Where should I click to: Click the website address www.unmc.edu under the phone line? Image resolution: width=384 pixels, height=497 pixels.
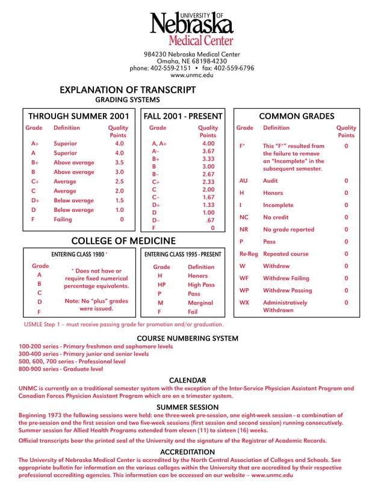point(191,75)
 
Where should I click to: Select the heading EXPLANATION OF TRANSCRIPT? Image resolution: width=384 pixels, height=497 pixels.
point(128,90)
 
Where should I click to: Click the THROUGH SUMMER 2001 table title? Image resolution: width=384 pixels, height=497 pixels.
point(79,116)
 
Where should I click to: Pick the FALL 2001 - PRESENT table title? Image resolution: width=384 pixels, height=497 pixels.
point(183,116)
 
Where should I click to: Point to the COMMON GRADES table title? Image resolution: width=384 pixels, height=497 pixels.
point(296,116)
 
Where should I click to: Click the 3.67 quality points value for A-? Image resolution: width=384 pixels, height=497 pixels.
point(208,152)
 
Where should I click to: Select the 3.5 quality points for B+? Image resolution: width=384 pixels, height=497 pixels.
point(119,162)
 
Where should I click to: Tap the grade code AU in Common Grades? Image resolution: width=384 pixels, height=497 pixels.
point(243,181)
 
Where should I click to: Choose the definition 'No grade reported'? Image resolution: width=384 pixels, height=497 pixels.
point(288,229)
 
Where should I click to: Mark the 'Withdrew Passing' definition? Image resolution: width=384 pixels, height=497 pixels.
point(286,291)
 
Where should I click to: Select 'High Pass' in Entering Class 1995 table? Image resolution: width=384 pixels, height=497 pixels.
point(201,285)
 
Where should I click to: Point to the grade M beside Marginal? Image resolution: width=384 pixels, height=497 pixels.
point(161,303)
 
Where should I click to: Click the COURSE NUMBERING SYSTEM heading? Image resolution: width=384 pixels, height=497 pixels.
point(188,339)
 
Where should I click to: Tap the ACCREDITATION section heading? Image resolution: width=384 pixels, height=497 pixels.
point(188,452)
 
